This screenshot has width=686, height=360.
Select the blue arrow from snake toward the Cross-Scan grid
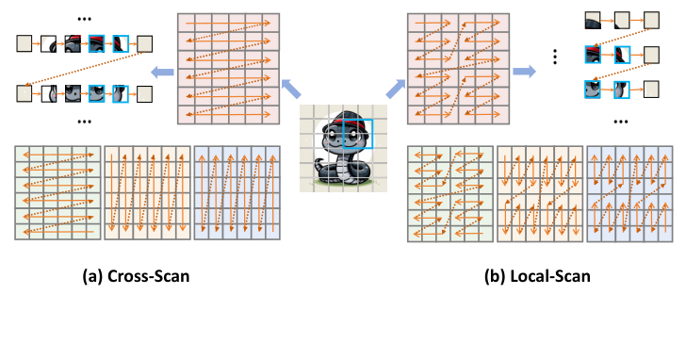(x=293, y=90)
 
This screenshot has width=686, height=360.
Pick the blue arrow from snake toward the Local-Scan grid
(x=393, y=90)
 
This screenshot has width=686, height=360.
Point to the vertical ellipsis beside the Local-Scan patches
(x=556, y=57)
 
